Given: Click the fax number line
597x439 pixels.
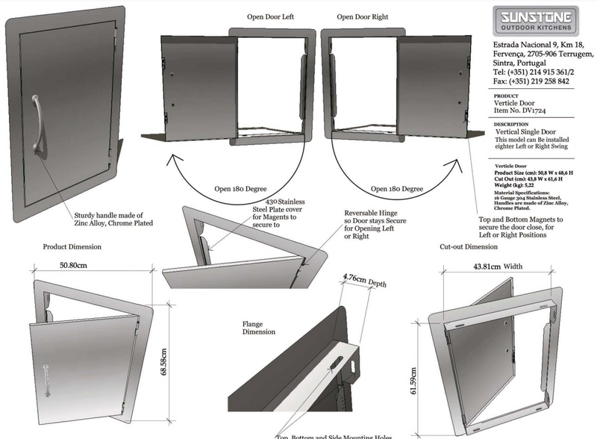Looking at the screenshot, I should tap(520, 81).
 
